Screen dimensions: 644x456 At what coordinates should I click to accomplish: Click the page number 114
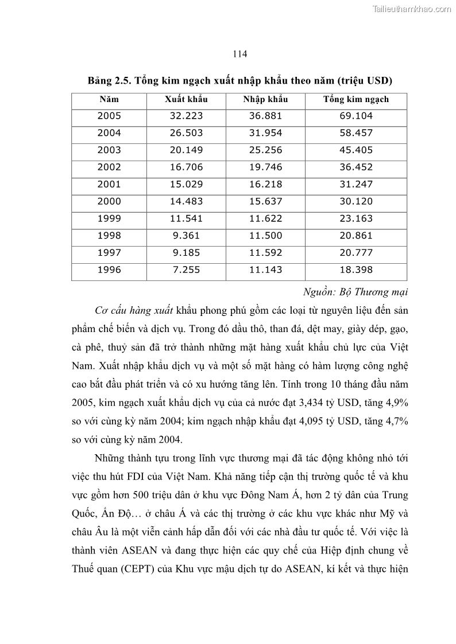pos(240,54)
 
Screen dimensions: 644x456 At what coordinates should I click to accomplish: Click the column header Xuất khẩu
pos(186,99)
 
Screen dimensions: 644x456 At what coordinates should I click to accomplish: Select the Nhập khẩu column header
pos(265,99)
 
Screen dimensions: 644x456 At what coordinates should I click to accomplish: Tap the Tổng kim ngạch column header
pos(356,99)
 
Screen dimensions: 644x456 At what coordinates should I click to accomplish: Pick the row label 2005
pos(109,116)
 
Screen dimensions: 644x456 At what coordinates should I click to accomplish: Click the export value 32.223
pos(186,116)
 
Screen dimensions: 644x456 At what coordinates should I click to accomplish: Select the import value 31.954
pos(265,133)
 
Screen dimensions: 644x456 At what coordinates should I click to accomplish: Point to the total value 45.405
pos(356,150)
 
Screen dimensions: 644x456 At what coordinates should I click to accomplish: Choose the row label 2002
pos(109,167)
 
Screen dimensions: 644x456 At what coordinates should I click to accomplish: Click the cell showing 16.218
pos(265,184)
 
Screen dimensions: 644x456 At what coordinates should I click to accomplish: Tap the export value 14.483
pos(186,201)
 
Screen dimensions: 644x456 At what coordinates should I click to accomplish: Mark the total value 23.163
pos(356,218)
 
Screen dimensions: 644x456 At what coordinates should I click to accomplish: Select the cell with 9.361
pos(186,236)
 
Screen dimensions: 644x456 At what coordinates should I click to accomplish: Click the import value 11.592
pos(265,253)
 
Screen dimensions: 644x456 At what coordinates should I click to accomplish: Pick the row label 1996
pos(109,270)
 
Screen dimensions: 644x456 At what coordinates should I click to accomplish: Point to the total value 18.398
pos(356,270)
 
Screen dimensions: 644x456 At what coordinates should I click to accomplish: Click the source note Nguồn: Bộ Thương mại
pos(354,292)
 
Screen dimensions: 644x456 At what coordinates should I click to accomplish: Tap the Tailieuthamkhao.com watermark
pos(412,9)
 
